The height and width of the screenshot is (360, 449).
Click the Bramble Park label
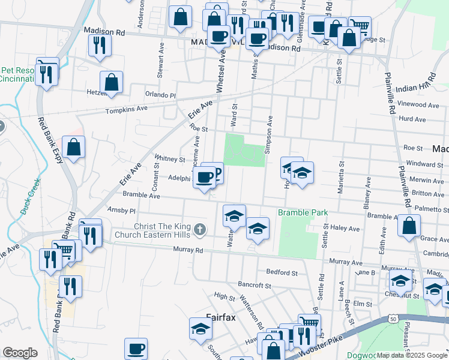pyautogui.click(x=303, y=213)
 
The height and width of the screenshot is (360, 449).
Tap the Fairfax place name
pyautogui.click(x=223, y=317)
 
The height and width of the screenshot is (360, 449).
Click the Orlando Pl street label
pyautogui.click(x=160, y=95)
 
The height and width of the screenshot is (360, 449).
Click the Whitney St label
pyautogui.click(x=170, y=160)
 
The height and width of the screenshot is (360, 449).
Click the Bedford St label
pyautogui.click(x=282, y=272)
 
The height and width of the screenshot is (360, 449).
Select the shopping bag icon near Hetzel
pyautogui.click(x=111, y=82)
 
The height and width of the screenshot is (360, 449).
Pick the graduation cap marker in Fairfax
pyautogui.click(x=200, y=328)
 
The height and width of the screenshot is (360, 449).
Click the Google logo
pyautogui.click(x=20, y=353)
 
